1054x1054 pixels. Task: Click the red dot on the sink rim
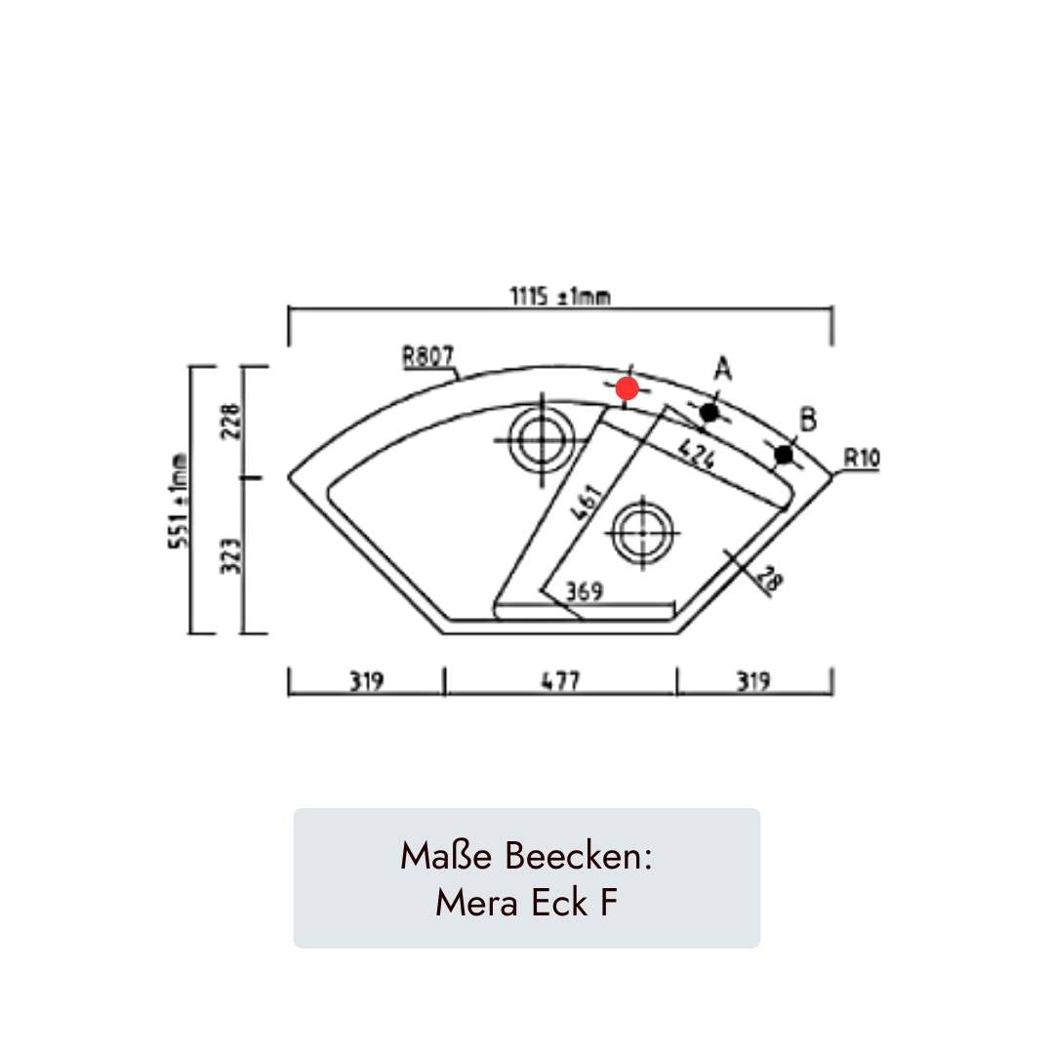628,387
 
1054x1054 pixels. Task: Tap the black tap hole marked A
709,412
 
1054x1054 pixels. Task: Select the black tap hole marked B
784,455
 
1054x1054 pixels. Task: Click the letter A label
722,368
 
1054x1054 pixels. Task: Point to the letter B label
808,420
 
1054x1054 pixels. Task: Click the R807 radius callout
428,355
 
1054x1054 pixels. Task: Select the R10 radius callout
861,459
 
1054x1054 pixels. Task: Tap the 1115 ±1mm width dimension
560,296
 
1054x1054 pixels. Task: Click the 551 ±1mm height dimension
179,502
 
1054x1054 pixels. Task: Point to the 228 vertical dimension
230,421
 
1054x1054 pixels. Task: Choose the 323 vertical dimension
230,556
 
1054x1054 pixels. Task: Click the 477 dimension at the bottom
560,681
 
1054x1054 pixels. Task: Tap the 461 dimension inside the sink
587,503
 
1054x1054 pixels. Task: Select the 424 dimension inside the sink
697,455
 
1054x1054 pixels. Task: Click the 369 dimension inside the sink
585,591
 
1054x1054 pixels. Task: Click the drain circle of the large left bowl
542,440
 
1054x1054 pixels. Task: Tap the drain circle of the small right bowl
642,533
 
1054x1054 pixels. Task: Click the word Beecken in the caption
578,857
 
